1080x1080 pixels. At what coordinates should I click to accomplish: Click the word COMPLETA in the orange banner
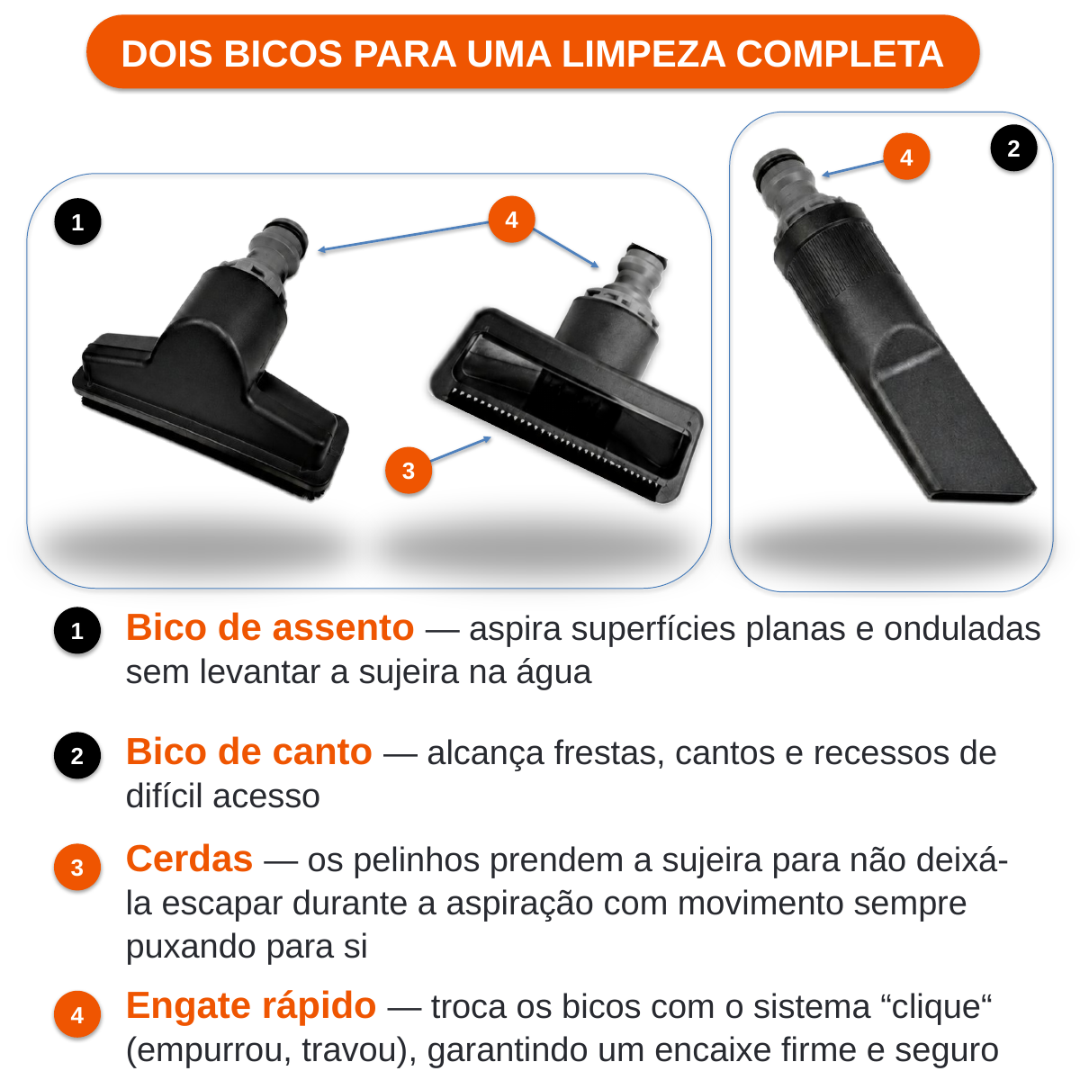point(839,54)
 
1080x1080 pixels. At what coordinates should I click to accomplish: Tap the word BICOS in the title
point(283,54)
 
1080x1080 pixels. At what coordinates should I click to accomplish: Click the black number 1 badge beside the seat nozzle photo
point(78,222)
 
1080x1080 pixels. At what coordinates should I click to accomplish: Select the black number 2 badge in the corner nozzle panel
point(1013,148)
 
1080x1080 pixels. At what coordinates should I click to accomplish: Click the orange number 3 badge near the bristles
point(409,470)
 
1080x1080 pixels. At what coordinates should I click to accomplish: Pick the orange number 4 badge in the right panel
point(906,157)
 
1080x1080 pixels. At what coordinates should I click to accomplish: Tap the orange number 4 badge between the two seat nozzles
point(511,219)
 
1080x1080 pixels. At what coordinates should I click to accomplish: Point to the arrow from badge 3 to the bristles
point(460,449)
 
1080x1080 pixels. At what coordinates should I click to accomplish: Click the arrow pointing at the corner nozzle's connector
point(852,168)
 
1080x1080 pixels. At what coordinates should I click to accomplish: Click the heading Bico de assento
point(270,627)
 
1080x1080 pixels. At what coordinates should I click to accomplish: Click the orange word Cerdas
point(189,859)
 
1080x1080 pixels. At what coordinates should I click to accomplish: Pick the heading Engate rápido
point(251,1007)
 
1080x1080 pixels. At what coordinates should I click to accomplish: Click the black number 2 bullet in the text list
point(77,755)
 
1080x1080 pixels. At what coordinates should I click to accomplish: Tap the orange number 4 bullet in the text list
point(77,1014)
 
